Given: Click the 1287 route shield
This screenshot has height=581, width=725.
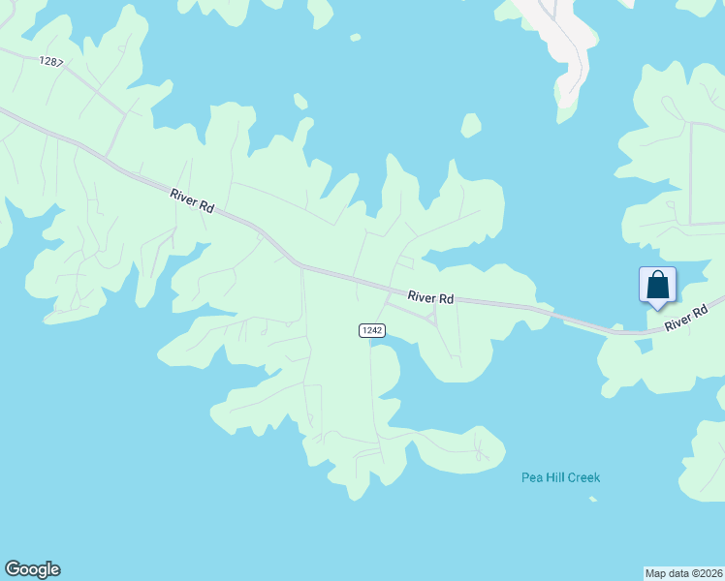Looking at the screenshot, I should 51,61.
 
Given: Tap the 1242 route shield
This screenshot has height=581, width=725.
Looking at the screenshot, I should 372,330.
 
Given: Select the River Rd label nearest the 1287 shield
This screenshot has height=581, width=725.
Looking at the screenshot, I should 192,200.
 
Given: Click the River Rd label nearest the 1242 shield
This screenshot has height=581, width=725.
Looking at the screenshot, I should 430,298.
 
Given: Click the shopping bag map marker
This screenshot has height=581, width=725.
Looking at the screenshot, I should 657,287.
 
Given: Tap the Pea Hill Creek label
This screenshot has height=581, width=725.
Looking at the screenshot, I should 560,477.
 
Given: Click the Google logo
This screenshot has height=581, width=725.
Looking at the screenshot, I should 32,569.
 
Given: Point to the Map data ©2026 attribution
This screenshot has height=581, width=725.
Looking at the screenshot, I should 683,572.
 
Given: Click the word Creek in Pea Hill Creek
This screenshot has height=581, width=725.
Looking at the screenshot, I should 584,477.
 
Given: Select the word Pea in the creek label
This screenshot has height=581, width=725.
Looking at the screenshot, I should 531,477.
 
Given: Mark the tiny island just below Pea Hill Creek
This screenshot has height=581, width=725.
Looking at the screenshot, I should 592,500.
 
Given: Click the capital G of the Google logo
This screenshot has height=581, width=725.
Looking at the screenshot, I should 13,569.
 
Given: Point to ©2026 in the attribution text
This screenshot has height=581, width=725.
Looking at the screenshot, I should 706,572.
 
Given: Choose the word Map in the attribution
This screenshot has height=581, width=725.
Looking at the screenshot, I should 656,572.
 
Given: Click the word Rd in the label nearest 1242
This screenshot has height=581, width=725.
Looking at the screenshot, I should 446,299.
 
